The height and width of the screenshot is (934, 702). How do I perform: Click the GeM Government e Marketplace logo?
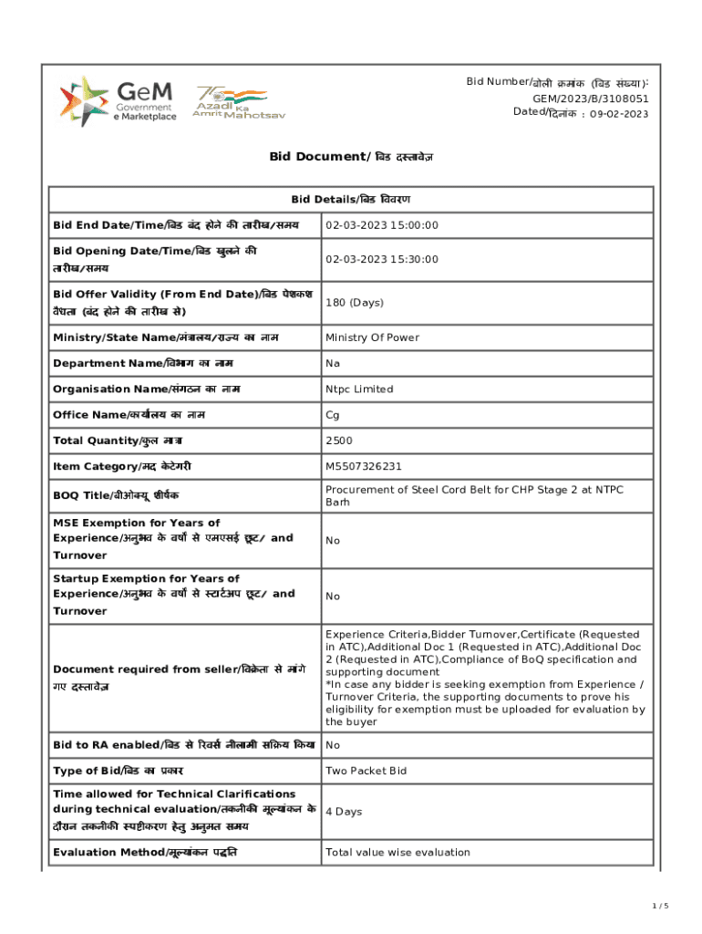click(x=119, y=101)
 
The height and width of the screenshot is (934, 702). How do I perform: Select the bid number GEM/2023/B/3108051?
click(x=591, y=99)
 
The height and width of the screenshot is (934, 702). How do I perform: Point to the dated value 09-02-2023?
click(x=619, y=114)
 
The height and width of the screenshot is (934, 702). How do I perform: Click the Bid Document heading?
click(x=351, y=157)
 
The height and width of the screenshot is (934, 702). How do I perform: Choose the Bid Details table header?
click(x=351, y=199)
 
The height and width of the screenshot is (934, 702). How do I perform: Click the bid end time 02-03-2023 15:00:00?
click(x=382, y=225)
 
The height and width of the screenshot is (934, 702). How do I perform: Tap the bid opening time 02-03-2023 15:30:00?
click(x=382, y=259)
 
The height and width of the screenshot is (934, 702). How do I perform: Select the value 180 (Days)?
click(x=355, y=302)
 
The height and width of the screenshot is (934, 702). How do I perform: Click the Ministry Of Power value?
click(x=372, y=337)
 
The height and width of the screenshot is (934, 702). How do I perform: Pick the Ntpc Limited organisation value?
click(x=359, y=389)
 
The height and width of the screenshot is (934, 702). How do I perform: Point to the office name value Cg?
click(x=333, y=415)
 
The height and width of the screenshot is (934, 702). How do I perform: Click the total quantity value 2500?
click(x=338, y=441)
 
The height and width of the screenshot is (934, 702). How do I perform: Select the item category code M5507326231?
click(x=363, y=466)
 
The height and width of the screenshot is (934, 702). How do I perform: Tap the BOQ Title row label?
click(x=116, y=494)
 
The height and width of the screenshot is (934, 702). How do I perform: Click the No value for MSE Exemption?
click(x=333, y=540)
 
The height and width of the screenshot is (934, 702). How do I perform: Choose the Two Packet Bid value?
click(x=366, y=771)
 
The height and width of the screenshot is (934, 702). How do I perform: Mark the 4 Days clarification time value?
click(x=344, y=811)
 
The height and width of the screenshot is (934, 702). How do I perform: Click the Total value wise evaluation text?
click(x=397, y=853)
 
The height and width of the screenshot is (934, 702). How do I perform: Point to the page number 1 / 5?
click(x=661, y=905)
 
